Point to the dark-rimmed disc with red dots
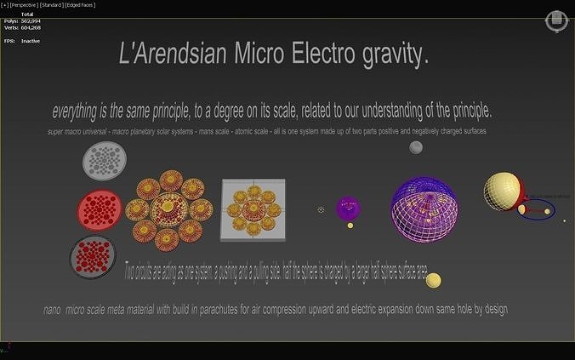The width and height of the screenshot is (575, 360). [x=94, y=257]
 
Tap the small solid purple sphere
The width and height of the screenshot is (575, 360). [x=348, y=208]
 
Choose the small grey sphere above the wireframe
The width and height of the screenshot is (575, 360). [x=416, y=147]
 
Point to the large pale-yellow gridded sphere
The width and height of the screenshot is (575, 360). [x=502, y=190]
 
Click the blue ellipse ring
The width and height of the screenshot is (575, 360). [x=537, y=209]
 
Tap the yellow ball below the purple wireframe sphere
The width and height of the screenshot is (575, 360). [x=434, y=280]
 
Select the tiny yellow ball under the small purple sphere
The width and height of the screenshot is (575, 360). [x=350, y=226]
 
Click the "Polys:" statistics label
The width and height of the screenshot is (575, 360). [x=11, y=20]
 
